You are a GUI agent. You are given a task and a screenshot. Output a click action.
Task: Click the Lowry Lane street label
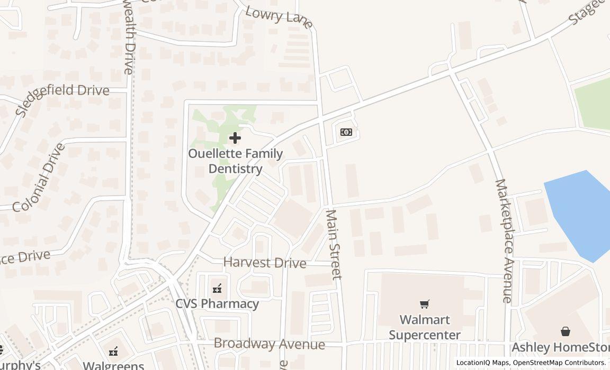click(279, 16)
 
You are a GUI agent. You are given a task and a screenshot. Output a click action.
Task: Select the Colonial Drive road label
click(39, 178)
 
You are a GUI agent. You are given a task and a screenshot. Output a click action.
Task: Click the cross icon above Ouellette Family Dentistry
click(235, 138)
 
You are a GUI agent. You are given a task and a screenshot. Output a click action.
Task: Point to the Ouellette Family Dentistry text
click(236, 161)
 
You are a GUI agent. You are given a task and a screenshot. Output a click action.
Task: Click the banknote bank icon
click(346, 132)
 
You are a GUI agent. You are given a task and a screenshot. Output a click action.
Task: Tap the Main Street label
click(334, 244)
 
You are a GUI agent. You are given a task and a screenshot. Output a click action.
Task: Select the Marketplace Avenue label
click(504, 240)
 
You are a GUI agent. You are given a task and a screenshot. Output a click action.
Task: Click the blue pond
click(580, 211)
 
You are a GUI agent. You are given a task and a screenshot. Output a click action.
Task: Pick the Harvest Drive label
click(265, 263)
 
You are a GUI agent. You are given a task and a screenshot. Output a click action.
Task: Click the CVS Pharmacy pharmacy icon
click(217, 289)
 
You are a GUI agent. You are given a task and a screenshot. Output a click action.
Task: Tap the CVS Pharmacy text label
click(217, 304)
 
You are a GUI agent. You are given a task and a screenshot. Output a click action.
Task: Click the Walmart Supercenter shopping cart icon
click(425, 304)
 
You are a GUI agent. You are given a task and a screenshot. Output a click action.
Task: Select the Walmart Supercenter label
click(425, 327)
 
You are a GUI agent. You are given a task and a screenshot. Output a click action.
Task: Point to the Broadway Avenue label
click(269, 344)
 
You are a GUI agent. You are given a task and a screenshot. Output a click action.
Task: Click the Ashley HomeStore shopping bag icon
click(566, 331)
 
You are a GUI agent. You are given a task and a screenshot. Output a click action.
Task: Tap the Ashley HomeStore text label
click(560, 347)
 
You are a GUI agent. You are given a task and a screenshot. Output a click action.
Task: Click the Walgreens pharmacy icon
click(113, 351)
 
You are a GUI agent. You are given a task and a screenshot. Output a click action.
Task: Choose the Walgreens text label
click(113, 365)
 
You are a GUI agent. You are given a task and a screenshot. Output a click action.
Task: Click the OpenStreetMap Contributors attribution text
click(559, 363)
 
